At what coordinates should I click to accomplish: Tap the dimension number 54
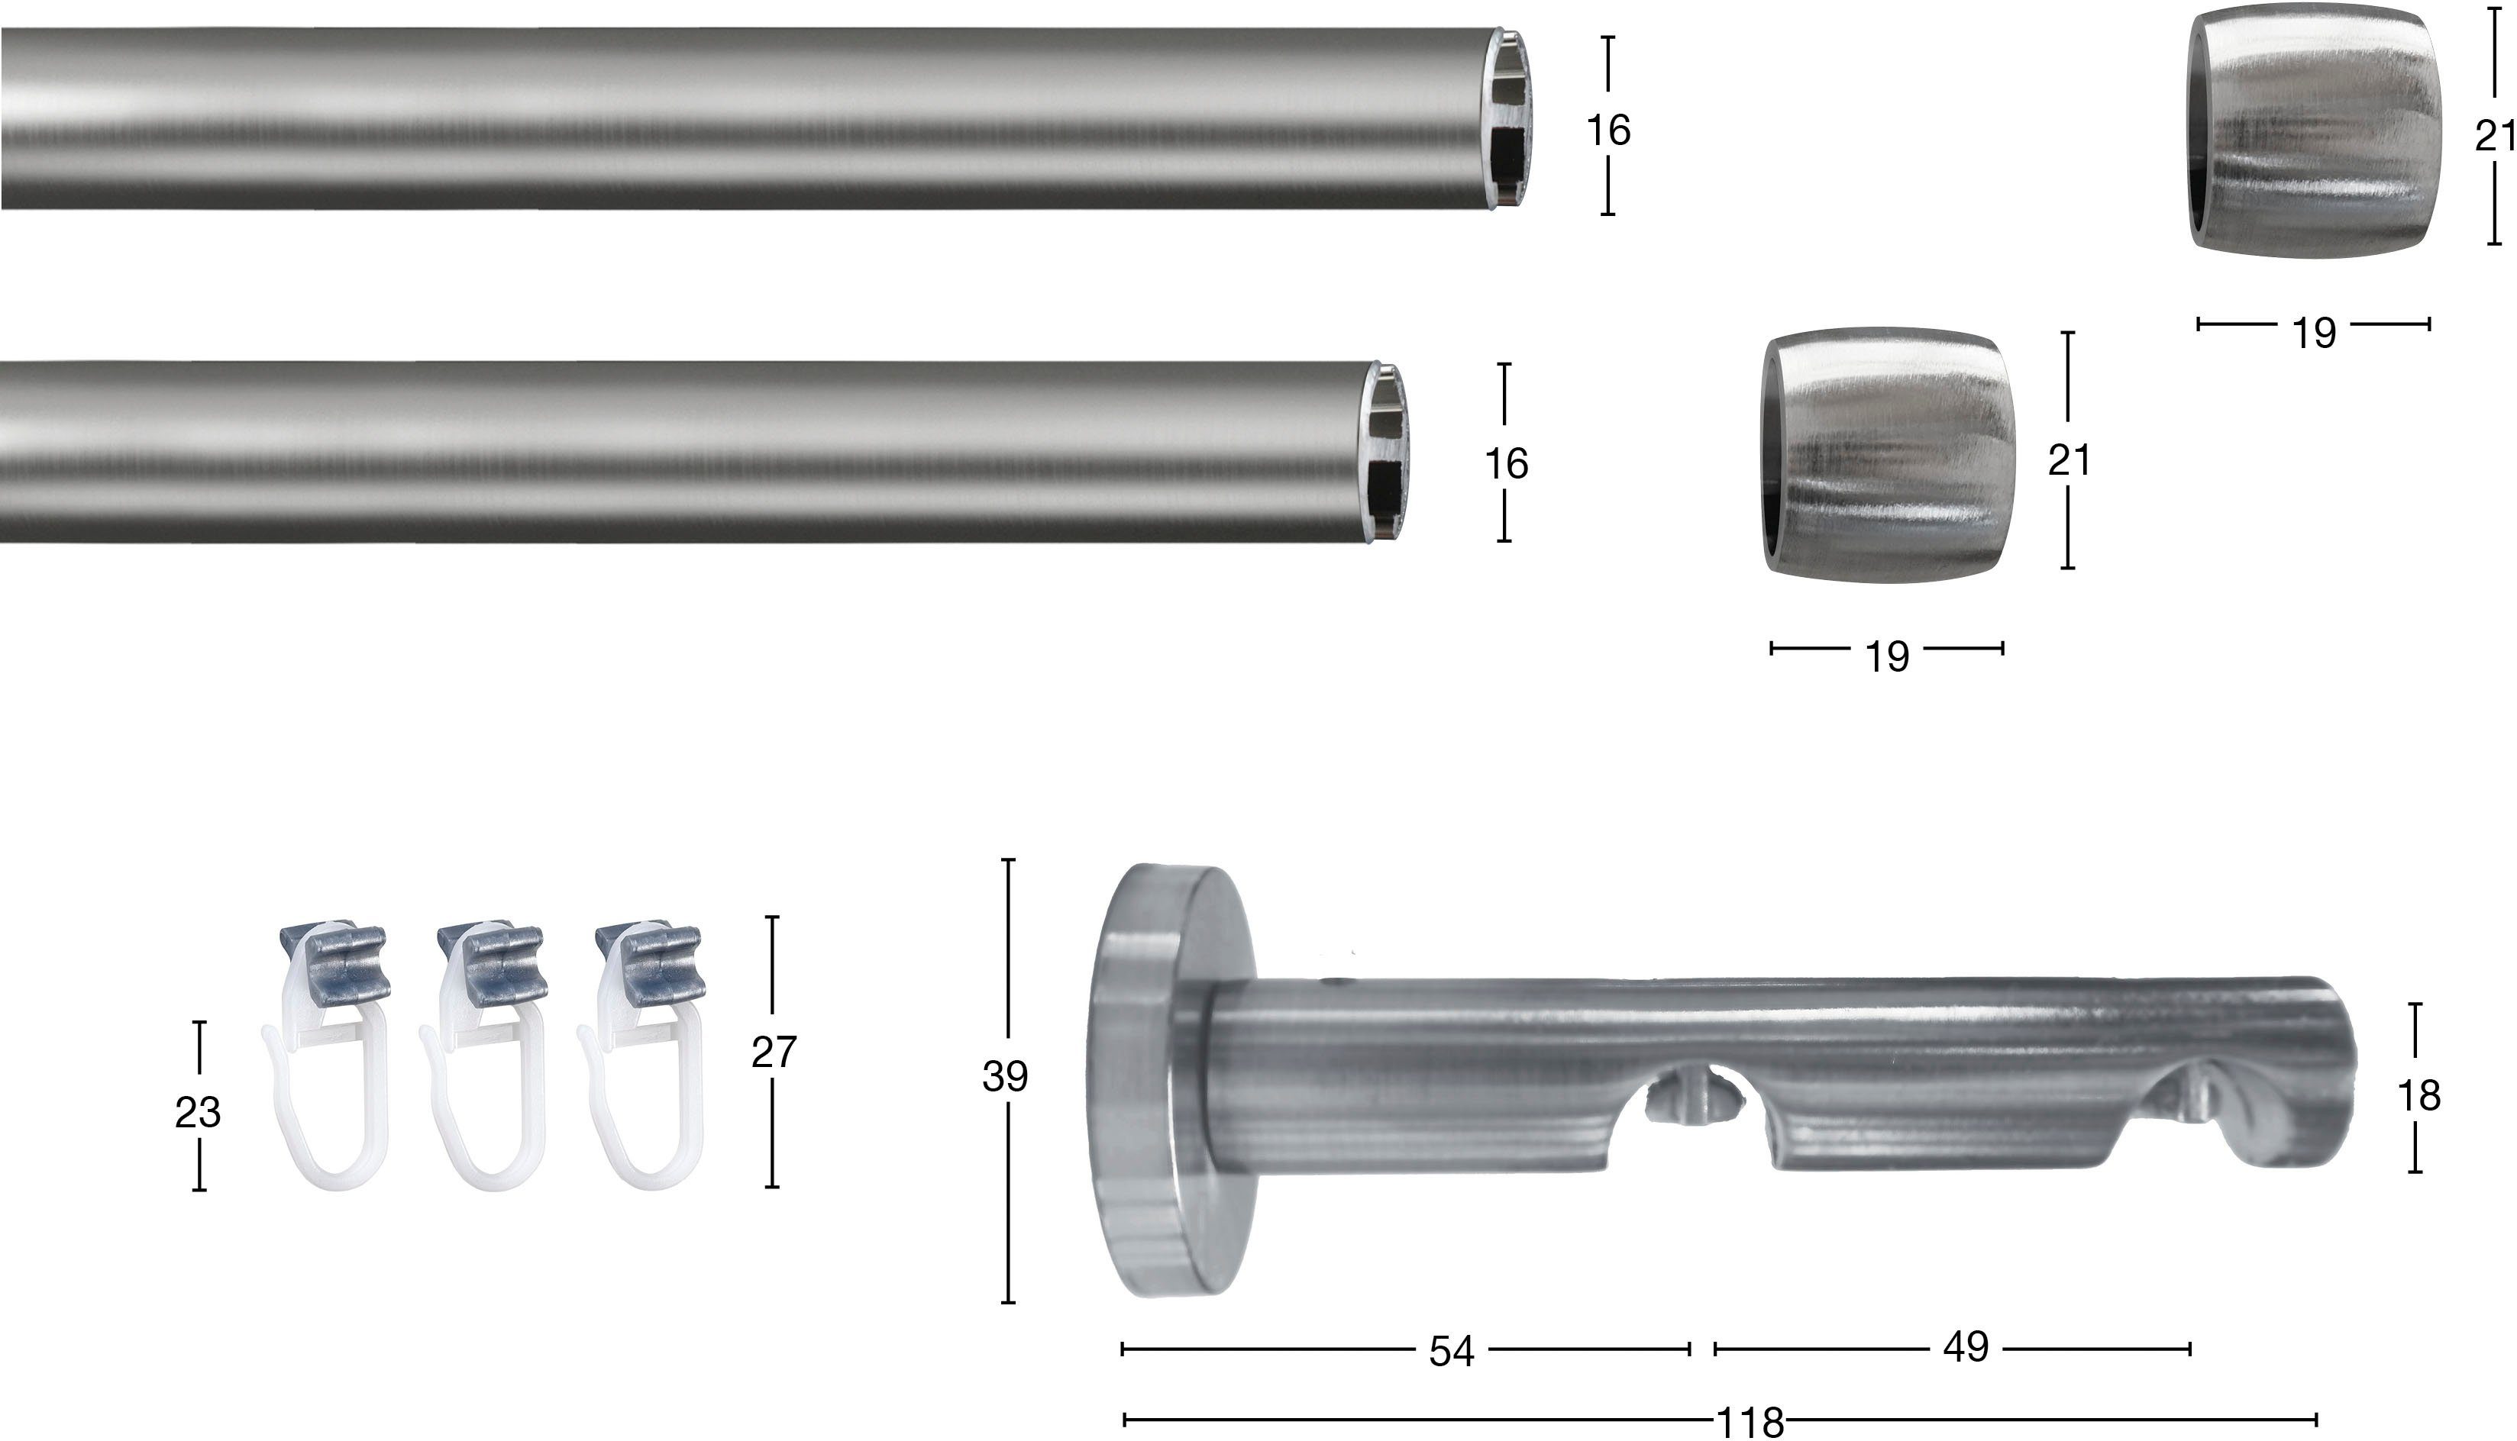1452,1352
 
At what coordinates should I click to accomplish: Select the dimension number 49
1966,1347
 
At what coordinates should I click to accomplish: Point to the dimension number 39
1005,1077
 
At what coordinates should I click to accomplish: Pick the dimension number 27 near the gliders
774,1052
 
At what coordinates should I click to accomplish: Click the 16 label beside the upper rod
1608,131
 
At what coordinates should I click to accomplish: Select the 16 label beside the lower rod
1506,464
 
